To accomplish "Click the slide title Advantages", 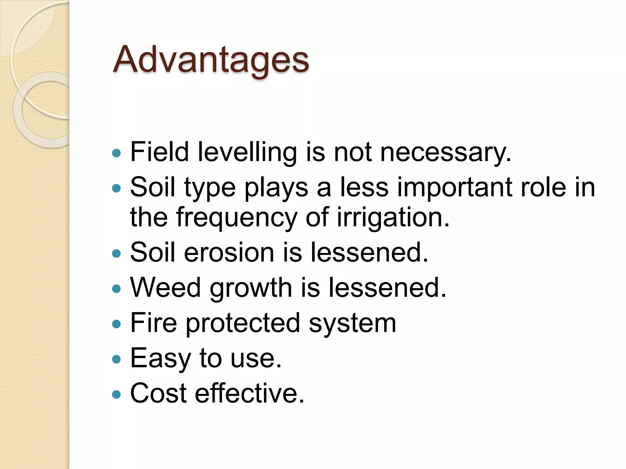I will pos(211,60).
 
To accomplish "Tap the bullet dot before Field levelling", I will pos(116,153).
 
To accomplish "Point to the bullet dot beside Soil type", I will pos(116,188).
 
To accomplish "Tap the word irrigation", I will pos(393,217).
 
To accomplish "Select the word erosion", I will pos(229,253).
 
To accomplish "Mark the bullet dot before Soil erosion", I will pos(116,253).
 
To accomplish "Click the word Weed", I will pos(165,287).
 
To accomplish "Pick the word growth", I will pos(251,288).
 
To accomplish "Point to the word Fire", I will pos(153,323).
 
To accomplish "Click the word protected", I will pos(243,323).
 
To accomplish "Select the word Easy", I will pos(160,358).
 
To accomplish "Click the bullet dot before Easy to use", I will pos(116,359).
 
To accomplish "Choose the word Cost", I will pos(158,393).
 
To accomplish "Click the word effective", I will pos(249,393).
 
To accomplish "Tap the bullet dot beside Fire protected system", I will pos(116,324).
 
